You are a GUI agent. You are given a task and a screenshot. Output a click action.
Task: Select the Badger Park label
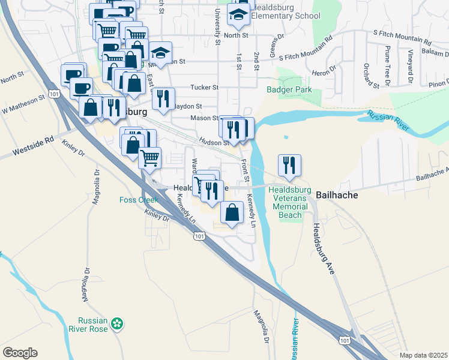285,90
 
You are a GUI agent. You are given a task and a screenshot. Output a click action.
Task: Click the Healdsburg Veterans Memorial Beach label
291,202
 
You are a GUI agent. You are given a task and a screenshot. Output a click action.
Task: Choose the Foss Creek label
138,200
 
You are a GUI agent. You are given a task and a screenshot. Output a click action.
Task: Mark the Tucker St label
204,88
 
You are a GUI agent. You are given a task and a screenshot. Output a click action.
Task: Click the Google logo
20,353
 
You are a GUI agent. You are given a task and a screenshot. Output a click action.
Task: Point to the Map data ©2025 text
423,355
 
